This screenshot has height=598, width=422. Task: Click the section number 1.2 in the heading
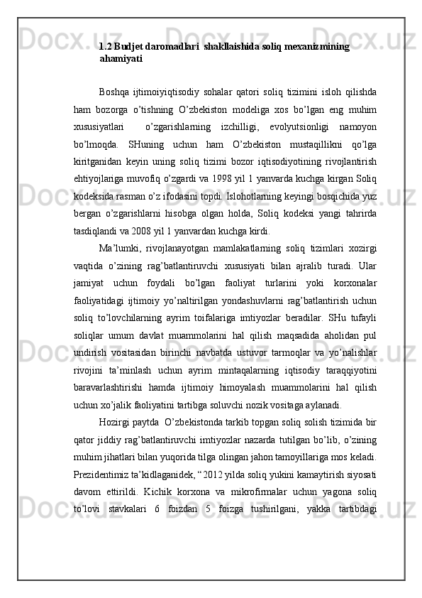(x=106, y=47)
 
